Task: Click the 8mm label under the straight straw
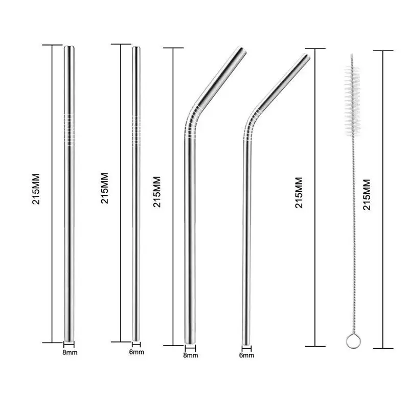pyautogui.click(x=70, y=352)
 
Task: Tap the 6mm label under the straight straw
pyautogui.click(x=137, y=352)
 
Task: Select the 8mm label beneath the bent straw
pyautogui.click(x=190, y=355)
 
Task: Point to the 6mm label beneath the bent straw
pyautogui.click(x=246, y=355)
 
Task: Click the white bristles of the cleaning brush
pyautogui.click(x=352, y=100)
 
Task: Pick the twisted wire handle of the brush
pyautogui.click(x=353, y=235)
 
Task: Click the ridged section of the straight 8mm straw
pyautogui.click(x=69, y=129)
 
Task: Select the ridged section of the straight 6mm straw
pyautogui.click(x=136, y=131)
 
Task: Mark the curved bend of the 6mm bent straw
pyautogui.click(x=251, y=125)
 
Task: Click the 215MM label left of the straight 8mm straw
pyautogui.click(x=36, y=189)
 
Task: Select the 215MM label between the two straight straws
pyautogui.click(x=104, y=188)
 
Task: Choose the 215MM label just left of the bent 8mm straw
pyautogui.click(x=157, y=192)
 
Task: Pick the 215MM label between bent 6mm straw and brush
pyautogui.click(x=299, y=193)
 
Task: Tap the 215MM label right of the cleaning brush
pyautogui.click(x=367, y=195)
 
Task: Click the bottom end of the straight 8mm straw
pyautogui.click(x=69, y=340)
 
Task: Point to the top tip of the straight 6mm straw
pyautogui.click(x=136, y=48)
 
